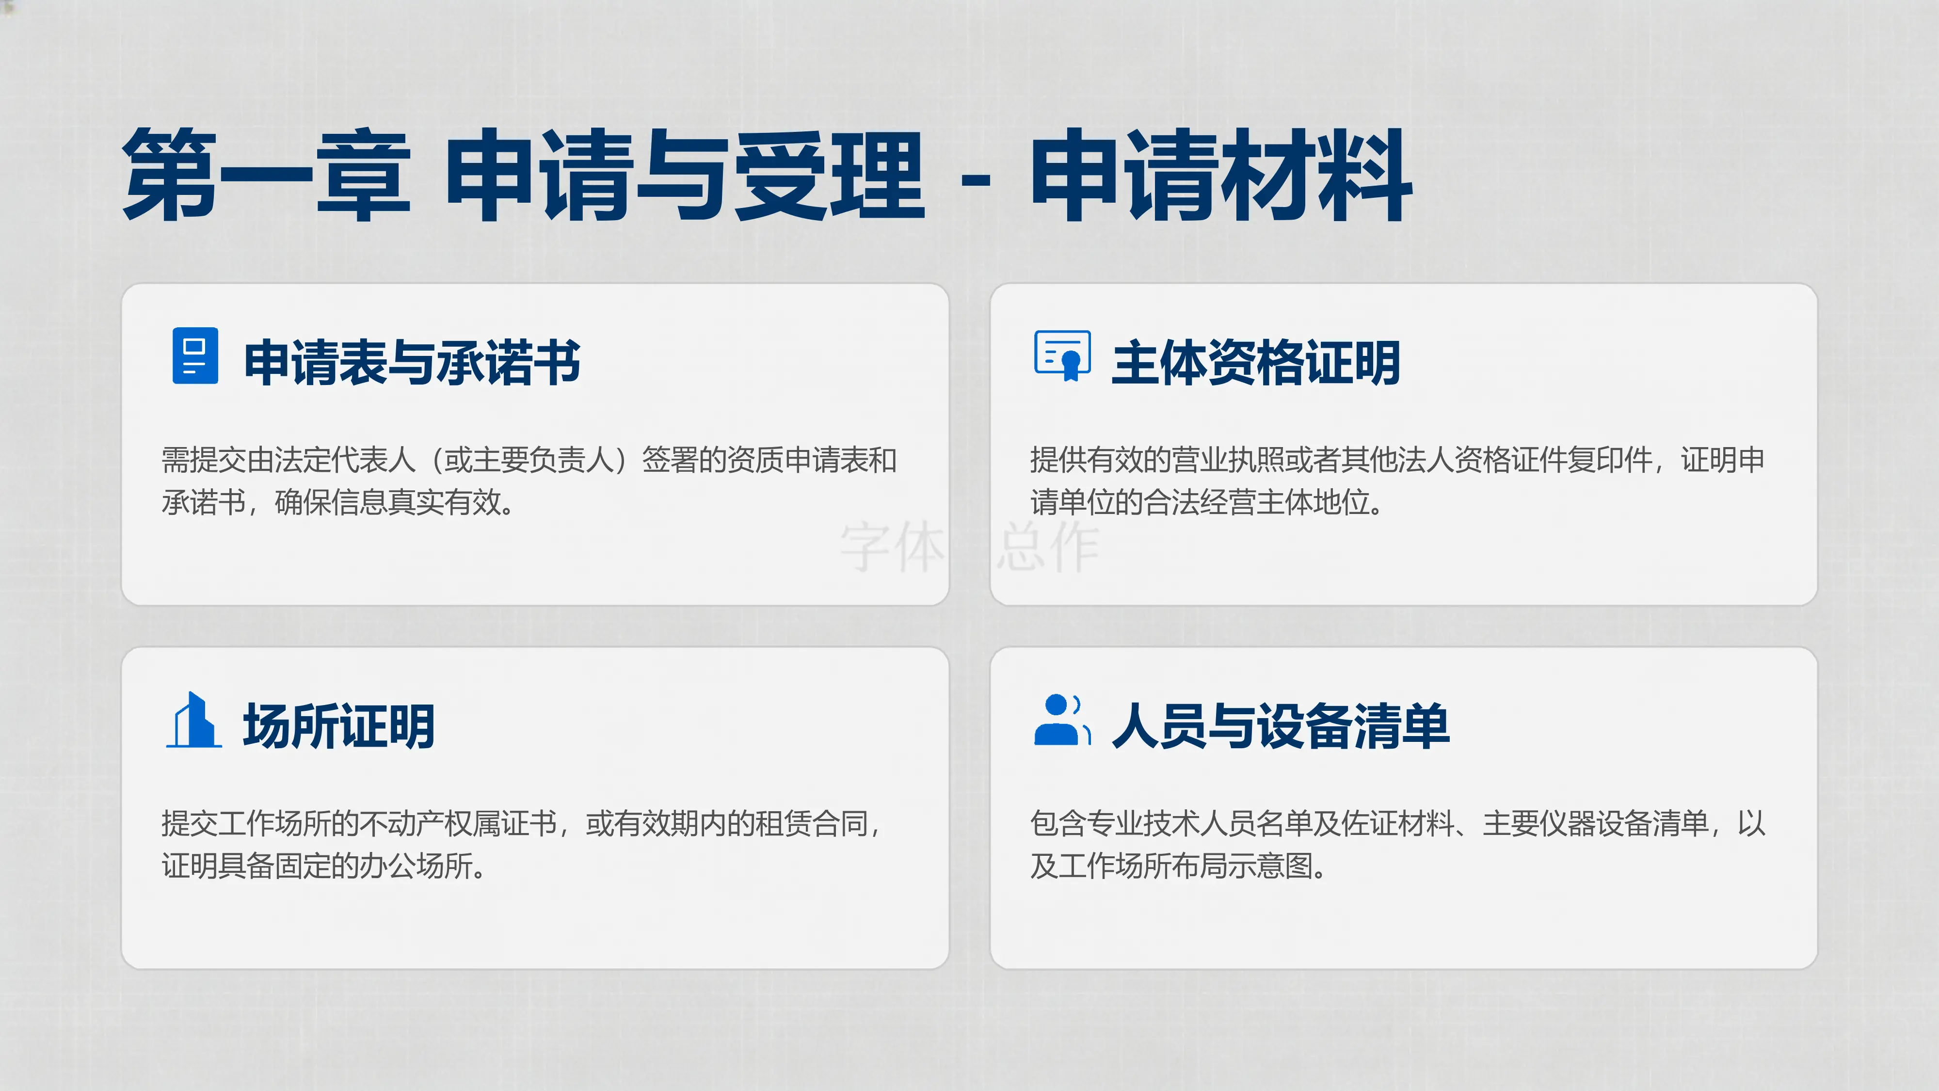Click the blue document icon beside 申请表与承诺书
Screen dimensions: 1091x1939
195,355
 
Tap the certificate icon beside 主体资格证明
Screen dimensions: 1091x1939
1062,355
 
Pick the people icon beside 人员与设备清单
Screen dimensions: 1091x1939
1062,720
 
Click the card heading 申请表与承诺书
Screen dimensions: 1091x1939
412,363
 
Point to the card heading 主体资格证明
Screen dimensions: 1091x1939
1255,363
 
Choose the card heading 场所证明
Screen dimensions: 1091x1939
339,726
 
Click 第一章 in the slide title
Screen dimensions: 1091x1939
267,176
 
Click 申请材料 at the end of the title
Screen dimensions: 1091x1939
1220,176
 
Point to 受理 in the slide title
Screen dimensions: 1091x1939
829,176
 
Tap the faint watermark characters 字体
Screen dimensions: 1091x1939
893,547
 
